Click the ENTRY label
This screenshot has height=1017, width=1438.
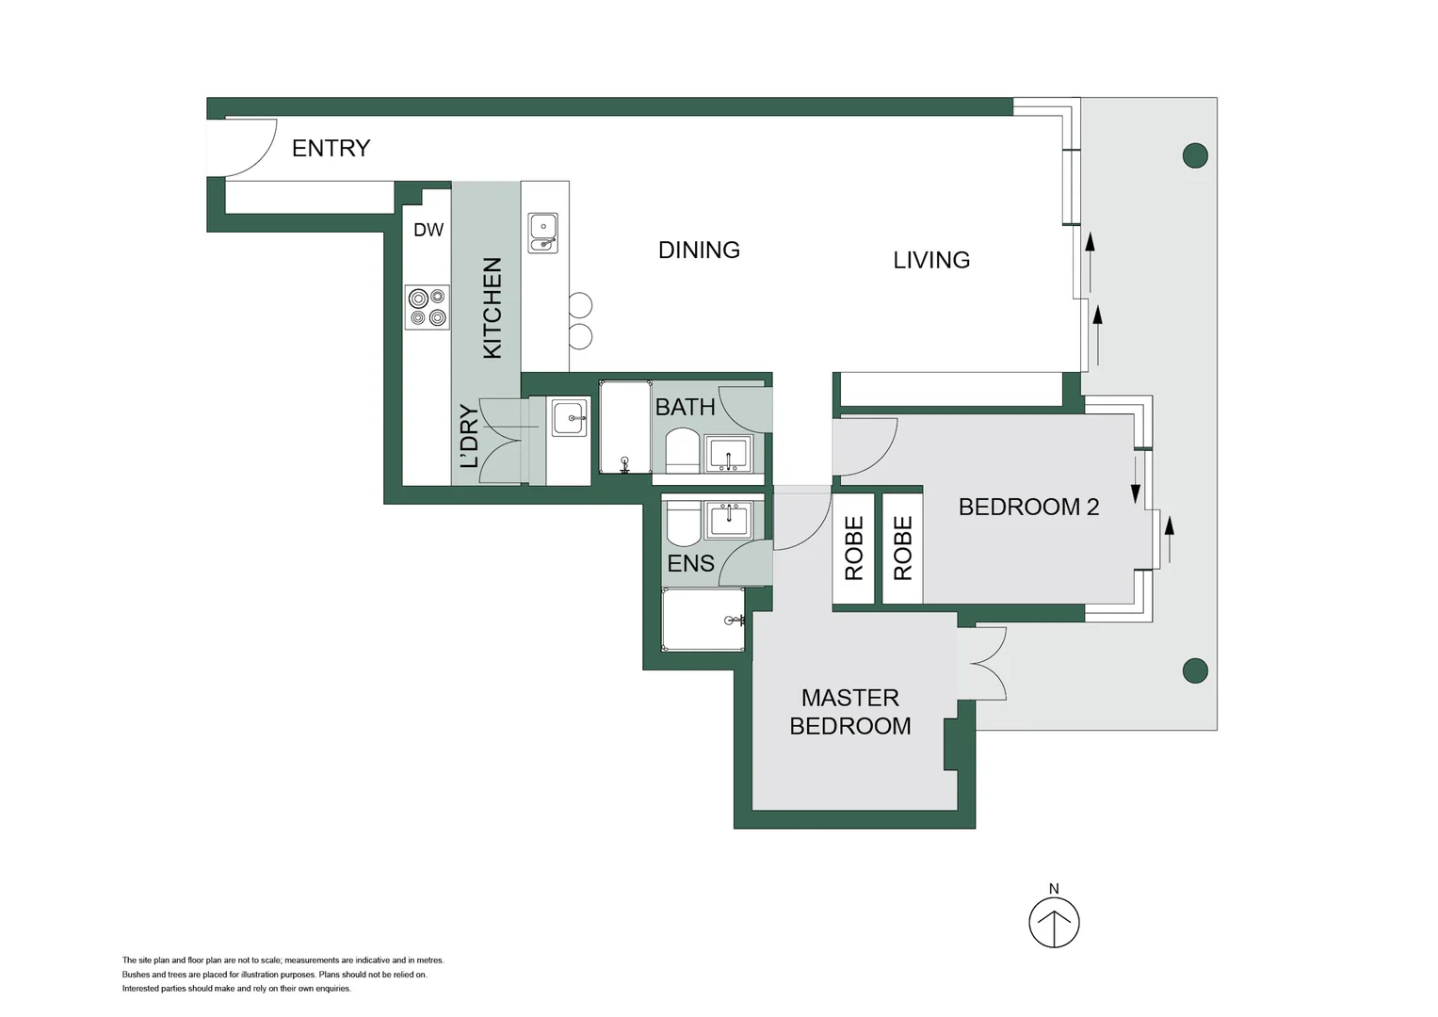[x=331, y=149]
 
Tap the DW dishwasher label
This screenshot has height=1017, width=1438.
[x=428, y=230]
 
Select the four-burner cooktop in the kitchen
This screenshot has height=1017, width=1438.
[x=428, y=308]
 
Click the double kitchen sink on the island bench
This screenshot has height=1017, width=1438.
[x=543, y=234]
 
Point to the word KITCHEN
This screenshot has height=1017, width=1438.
[x=492, y=308]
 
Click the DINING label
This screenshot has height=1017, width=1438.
[x=699, y=250]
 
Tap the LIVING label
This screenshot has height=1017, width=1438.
[x=931, y=260]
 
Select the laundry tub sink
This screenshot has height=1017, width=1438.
[x=570, y=418]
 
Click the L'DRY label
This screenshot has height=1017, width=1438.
[x=469, y=436]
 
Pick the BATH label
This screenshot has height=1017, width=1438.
[x=685, y=407]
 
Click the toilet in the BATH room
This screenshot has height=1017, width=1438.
[x=682, y=451]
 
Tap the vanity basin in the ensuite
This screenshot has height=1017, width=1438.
[x=729, y=520]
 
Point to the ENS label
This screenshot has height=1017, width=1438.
[x=691, y=563]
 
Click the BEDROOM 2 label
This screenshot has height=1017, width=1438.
[x=1029, y=508]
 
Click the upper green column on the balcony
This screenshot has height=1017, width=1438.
[x=1195, y=155]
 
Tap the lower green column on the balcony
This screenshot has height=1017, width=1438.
[x=1195, y=670]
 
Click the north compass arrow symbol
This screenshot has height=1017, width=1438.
[x=1054, y=923]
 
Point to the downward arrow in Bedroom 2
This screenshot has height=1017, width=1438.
[x=1136, y=479]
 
